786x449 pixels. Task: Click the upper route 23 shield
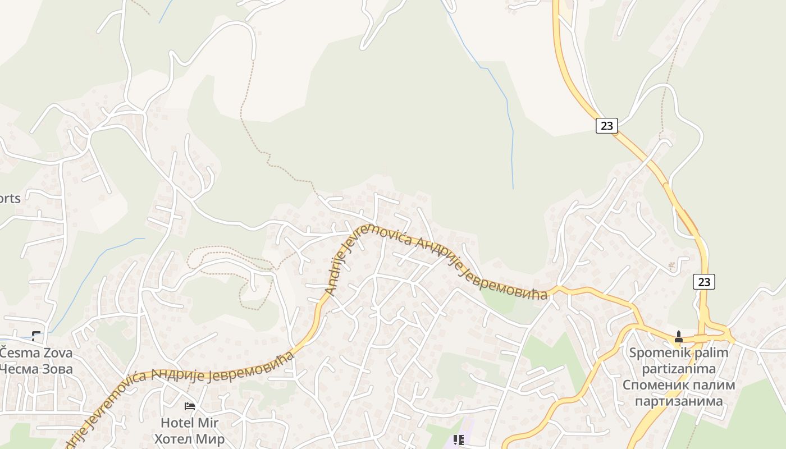pos(607,126)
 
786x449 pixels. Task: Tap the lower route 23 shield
pos(703,282)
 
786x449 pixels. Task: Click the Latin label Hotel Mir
pos(189,423)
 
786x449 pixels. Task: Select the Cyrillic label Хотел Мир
pos(189,438)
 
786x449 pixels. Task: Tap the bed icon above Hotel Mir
pos(190,406)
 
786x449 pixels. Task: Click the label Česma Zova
pos(36,353)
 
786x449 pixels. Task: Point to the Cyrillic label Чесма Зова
pos(36,369)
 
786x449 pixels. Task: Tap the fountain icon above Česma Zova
pos(36,336)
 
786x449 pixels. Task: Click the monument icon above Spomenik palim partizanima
pos(678,337)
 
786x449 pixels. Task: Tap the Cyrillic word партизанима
pos(679,401)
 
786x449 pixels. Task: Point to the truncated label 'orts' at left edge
pos(10,198)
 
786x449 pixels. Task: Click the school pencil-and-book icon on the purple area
pos(459,440)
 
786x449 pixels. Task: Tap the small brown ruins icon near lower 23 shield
pos(671,265)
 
